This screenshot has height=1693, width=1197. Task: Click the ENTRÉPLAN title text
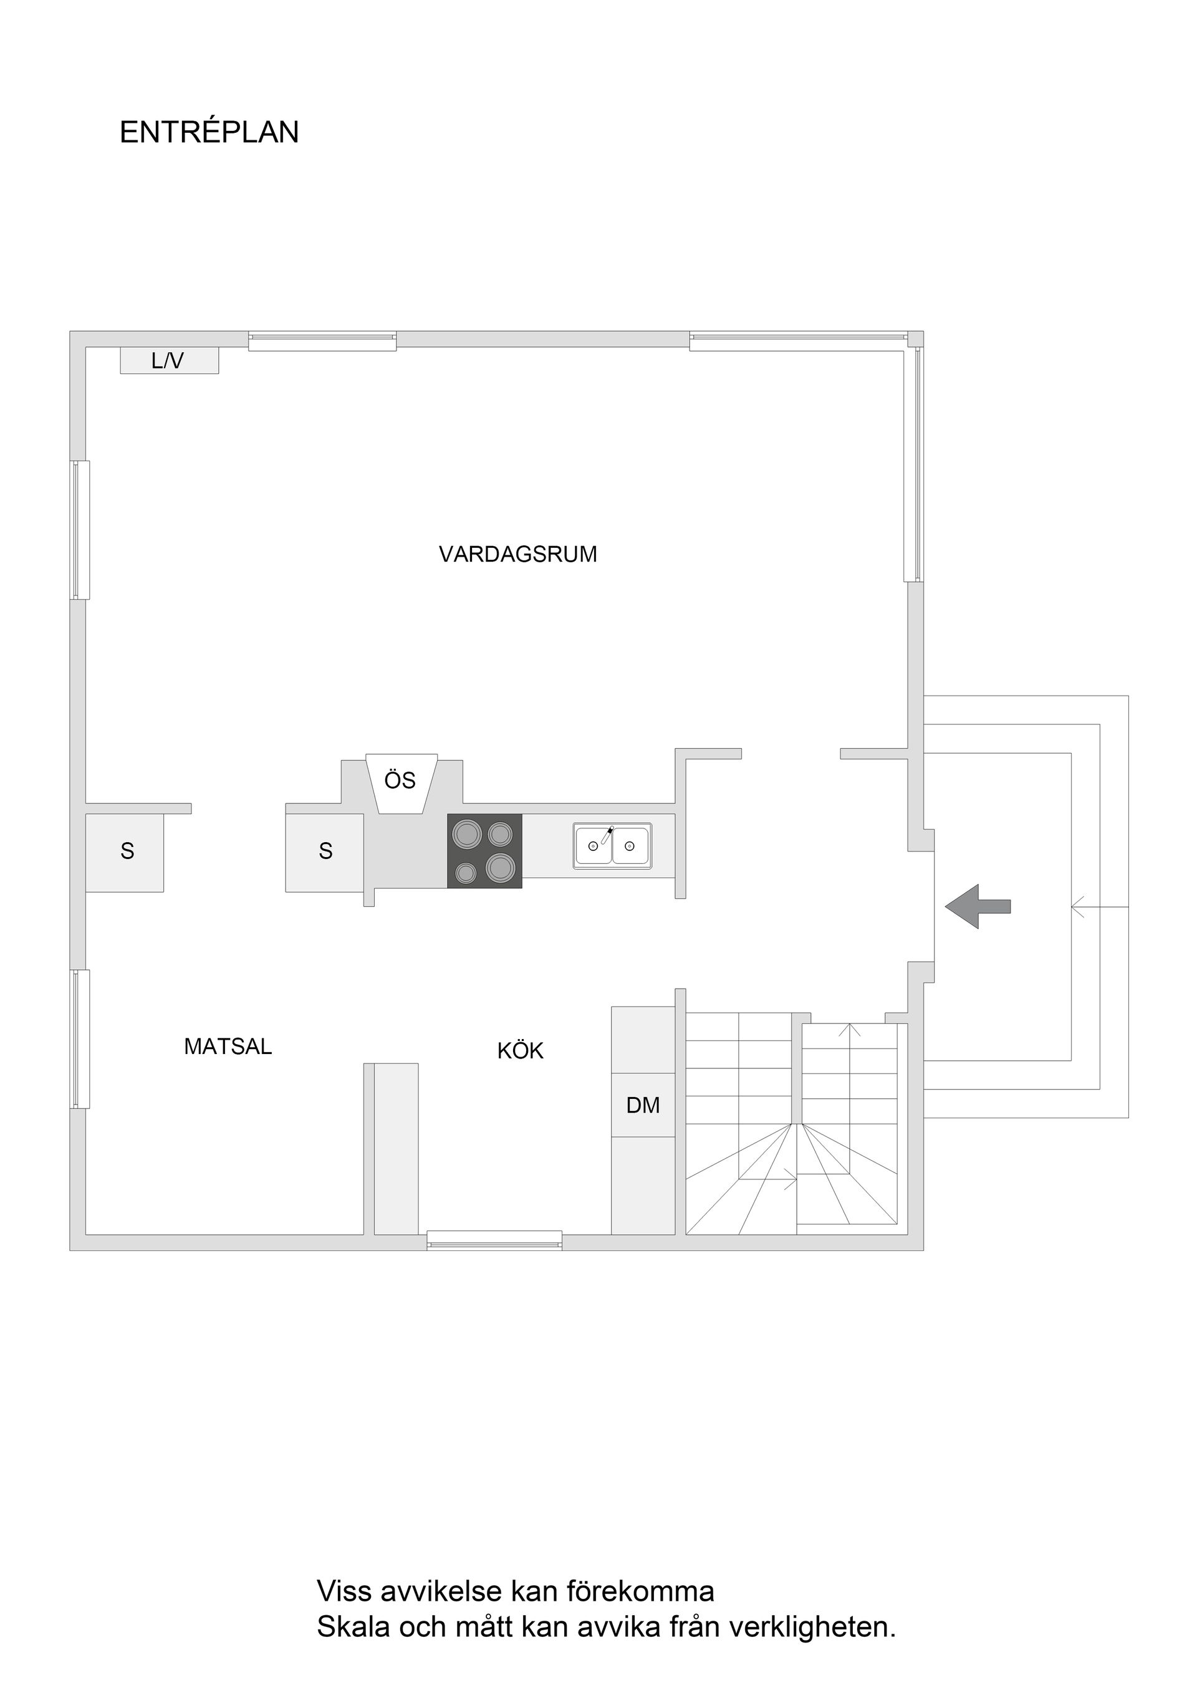coord(209,133)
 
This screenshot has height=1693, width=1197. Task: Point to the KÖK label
coord(520,1051)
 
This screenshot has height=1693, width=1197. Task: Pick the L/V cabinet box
coord(169,360)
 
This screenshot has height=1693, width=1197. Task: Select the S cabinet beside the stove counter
coord(325,851)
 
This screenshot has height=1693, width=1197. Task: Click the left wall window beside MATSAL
coord(80,1039)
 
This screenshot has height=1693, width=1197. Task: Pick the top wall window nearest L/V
coord(322,342)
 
